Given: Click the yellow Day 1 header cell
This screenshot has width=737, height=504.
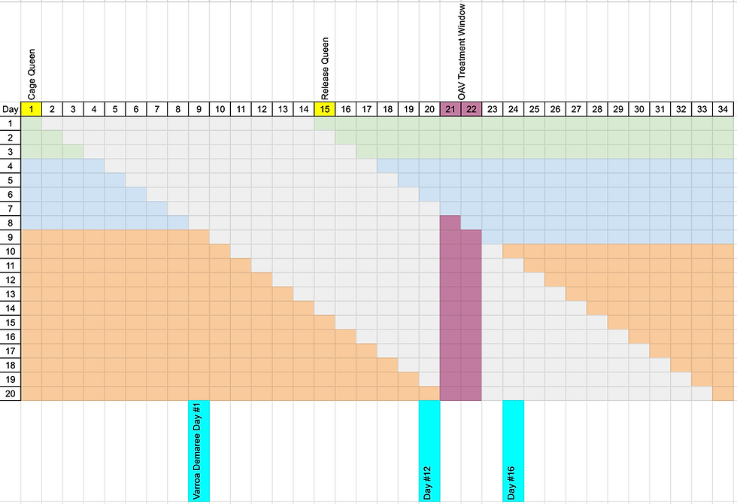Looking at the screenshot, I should point(32,109).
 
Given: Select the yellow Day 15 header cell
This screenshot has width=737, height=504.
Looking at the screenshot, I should point(325,109).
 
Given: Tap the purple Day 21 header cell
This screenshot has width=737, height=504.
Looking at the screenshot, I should point(450,109).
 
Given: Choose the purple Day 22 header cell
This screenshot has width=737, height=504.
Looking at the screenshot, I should point(472,109).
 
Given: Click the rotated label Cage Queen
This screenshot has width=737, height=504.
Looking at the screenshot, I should point(32,74).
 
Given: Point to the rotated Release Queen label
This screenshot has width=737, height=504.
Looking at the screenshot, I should point(325,68).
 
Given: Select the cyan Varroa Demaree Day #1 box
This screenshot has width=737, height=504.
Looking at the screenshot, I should point(199,451).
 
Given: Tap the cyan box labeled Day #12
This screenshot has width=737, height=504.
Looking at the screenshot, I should point(429,451).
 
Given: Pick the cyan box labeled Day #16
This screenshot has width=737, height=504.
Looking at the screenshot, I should point(513,451).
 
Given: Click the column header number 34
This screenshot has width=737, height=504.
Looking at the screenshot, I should point(723,109).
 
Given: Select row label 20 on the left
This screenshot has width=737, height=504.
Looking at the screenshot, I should point(11,393).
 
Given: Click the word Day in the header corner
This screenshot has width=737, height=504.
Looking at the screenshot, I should point(11,109).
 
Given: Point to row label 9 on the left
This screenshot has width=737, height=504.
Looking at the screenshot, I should point(11,237).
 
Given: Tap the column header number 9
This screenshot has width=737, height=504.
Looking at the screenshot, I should point(199,109).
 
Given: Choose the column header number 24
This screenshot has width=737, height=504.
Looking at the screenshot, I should point(513,109).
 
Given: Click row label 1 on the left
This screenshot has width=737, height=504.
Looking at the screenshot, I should point(11,123).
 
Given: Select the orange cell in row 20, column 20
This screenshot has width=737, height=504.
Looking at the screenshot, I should point(429,393).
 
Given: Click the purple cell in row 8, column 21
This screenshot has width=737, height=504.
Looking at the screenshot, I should point(450,223).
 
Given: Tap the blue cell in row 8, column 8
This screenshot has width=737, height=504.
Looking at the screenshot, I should point(178,223).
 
